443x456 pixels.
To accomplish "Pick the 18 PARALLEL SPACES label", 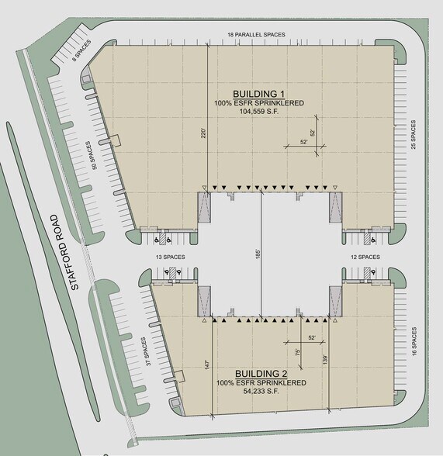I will pyautogui.click(x=257, y=34).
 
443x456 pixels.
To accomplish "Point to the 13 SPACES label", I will pyautogui.click(x=169, y=257).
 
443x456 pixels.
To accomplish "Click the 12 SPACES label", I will pyautogui.click(x=365, y=257).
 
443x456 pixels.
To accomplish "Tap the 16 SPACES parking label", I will pyautogui.click(x=415, y=341).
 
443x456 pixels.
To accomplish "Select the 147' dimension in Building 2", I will pyautogui.click(x=205, y=364).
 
